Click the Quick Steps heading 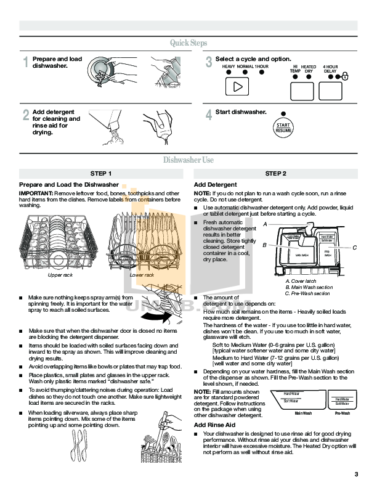[x=188, y=43]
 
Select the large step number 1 [x=26, y=62]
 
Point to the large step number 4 [x=209, y=115]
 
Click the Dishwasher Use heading [x=188, y=160]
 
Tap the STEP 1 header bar [x=101, y=174]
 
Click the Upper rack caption [x=60, y=275]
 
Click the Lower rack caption [x=142, y=275]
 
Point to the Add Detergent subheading [x=215, y=185]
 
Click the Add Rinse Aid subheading [x=214, y=425]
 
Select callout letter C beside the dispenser [x=355, y=247]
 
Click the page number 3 [x=356, y=473]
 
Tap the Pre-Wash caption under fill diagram [x=343, y=413]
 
